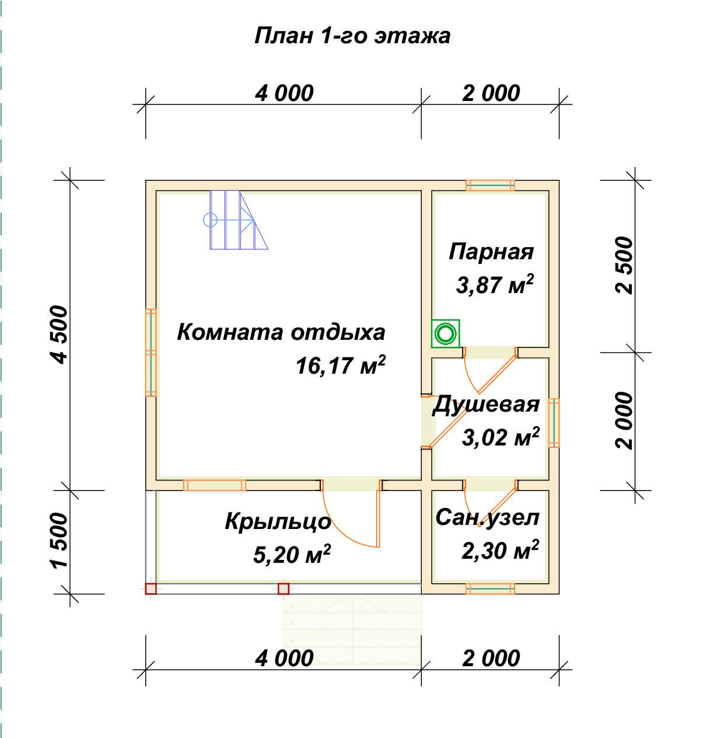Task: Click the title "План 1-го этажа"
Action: (x=352, y=36)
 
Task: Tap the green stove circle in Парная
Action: (x=446, y=334)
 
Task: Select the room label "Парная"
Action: (x=491, y=252)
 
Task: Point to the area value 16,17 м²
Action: (x=340, y=365)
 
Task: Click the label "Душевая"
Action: (x=486, y=404)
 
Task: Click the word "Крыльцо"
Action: (x=278, y=521)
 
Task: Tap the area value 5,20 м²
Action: (x=292, y=554)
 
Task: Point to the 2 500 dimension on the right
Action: (x=624, y=265)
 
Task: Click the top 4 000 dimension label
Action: (x=284, y=93)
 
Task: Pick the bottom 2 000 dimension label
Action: (x=491, y=658)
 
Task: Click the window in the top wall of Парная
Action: (x=490, y=186)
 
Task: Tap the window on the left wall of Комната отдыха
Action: (x=151, y=353)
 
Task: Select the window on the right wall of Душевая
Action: (x=554, y=423)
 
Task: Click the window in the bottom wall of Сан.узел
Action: (x=490, y=589)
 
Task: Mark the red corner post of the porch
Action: (x=151, y=589)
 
